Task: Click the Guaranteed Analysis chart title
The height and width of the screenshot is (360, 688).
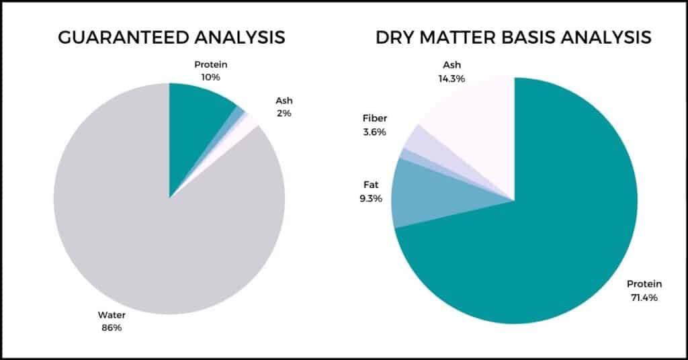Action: point(171,37)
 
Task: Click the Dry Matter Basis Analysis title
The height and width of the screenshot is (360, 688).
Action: point(513,37)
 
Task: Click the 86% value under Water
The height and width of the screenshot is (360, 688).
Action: point(112,328)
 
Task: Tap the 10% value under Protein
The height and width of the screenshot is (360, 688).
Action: point(210,77)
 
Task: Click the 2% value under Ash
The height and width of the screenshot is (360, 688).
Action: point(284,113)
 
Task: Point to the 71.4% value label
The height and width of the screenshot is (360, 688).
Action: point(644,298)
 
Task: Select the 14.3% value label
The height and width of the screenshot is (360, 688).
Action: point(451,79)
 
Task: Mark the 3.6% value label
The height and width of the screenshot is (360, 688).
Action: point(374,132)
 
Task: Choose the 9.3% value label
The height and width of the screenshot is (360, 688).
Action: point(371,199)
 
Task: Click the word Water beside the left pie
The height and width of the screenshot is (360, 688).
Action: point(112,315)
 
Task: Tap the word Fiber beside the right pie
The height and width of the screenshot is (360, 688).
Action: point(375,118)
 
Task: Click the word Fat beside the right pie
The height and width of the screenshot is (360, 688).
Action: point(371,185)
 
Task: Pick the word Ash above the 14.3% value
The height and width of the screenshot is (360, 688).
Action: point(452,65)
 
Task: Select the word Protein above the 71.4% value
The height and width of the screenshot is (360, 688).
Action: point(644,284)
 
